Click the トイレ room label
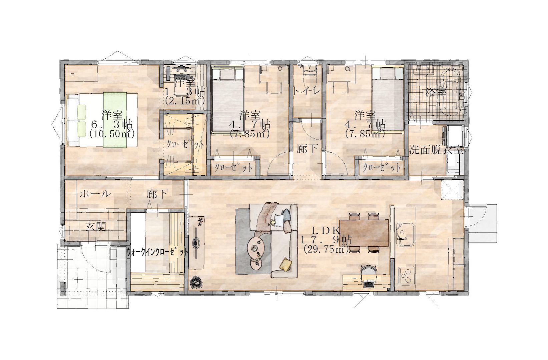[x=307, y=91]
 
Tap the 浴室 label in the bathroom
[x=436, y=92]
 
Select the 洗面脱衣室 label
[x=437, y=150]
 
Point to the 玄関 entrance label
[x=96, y=227]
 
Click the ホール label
[x=95, y=194]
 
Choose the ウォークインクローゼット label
[x=158, y=252]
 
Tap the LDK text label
[x=326, y=231]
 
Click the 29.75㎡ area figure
[x=326, y=249]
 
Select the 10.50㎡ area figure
[x=112, y=134]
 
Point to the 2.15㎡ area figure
[x=185, y=101]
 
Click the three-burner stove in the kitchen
[x=406, y=276]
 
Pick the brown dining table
[x=364, y=233]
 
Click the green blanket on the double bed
[x=115, y=120]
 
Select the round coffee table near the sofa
[x=255, y=247]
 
